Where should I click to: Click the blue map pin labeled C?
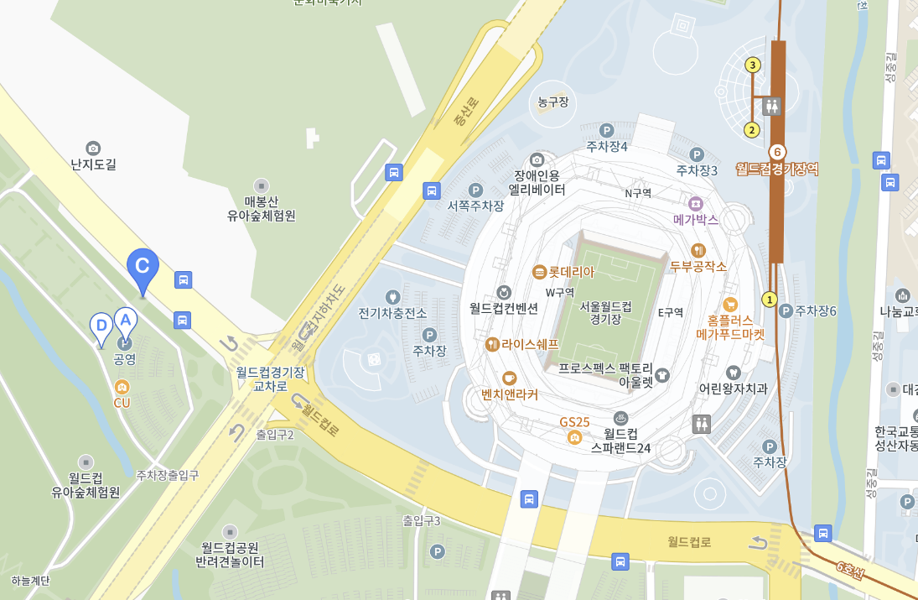point(143,267)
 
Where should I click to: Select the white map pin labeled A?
point(125,320)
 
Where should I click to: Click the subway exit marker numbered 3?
point(753,65)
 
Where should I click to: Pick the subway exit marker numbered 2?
point(752,130)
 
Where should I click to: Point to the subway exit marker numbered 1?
point(769,300)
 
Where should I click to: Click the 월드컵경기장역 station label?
point(777,169)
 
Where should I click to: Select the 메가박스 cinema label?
point(696,219)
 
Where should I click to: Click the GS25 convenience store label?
point(575,421)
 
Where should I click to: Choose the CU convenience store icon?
point(122,387)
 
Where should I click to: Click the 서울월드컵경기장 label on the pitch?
point(605,312)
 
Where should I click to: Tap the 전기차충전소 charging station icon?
point(392,297)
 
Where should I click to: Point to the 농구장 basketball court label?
point(553,102)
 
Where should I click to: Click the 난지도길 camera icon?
point(93,148)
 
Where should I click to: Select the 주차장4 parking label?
point(607,146)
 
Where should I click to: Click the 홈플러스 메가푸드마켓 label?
point(730,326)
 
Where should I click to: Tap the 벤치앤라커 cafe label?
point(510,394)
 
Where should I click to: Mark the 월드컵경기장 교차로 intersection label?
point(270,378)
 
